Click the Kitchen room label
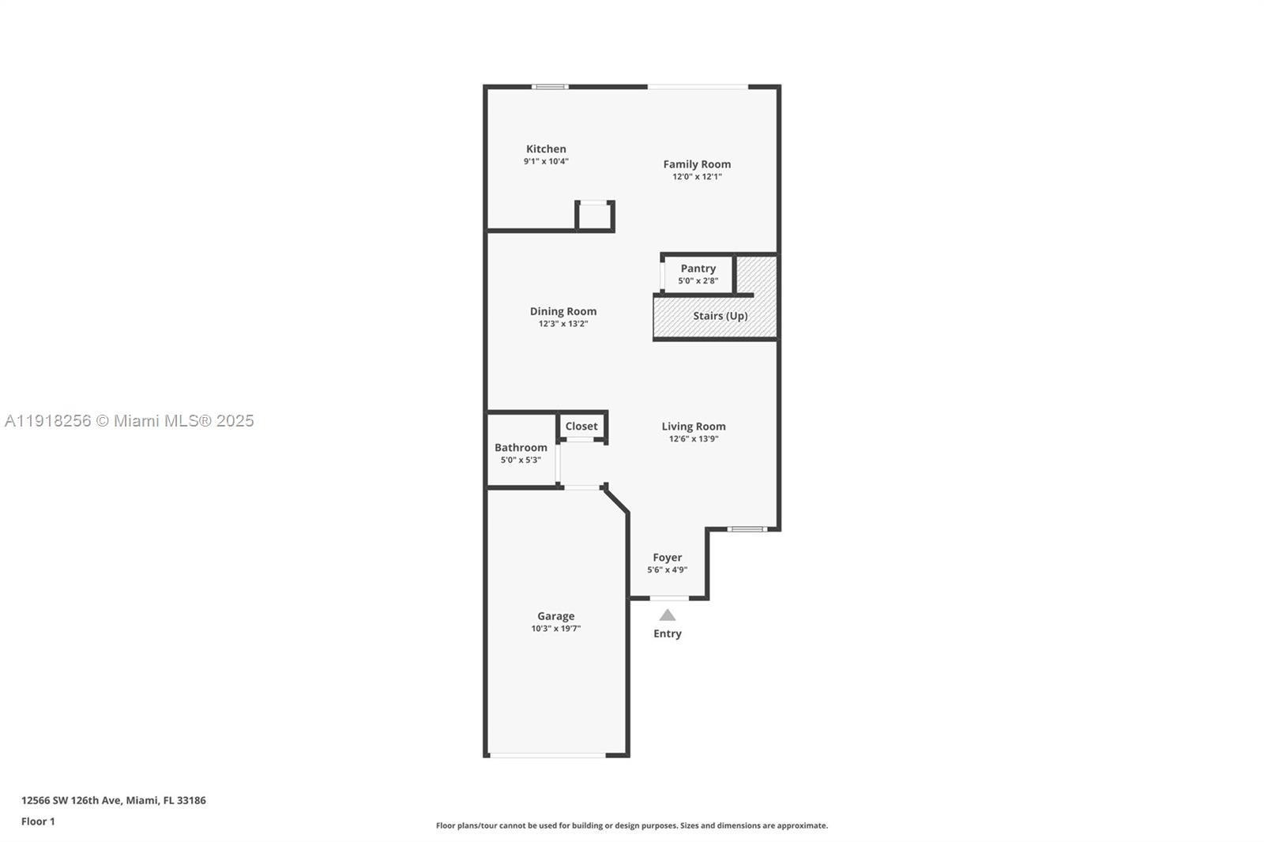click(x=546, y=148)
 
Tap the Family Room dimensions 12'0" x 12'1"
click(x=697, y=177)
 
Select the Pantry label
click(x=698, y=269)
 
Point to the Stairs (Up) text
click(x=720, y=316)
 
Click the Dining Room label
click(x=562, y=311)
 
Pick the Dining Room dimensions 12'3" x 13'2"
click(x=562, y=324)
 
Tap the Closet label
click(x=581, y=427)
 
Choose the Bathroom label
click(x=521, y=447)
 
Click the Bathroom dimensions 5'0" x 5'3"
click(x=521, y=460)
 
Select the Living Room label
click(x=693, y=427)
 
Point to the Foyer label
click(x=667, y=558)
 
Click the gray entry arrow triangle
click(x=668, y=615)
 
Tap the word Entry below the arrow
click(x=667, y=633)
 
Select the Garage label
click(x=555, y=616)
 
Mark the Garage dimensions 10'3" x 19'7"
click(x=555, y=629)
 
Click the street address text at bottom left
click(x=113, y=800)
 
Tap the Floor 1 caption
click(x=38, y=821)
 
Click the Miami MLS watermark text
click(x=129, y=421)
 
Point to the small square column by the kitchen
click(x=594, y=216)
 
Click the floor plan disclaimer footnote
click(x=632, y=825)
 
